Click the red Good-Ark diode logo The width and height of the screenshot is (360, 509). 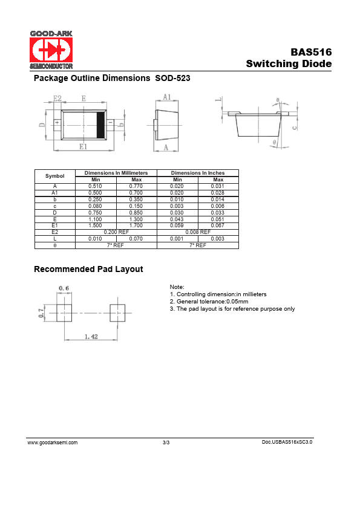[51, 50]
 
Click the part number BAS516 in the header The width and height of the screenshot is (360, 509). [311, 52]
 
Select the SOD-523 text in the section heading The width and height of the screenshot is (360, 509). [172, 78]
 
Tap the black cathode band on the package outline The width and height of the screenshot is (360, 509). [102, 125]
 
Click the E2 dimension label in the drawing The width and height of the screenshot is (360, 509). [57, 99]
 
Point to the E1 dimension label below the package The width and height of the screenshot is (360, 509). [83, 147]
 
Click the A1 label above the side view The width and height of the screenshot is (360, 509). [166, 97]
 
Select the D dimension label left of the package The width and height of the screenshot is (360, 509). [42, 125]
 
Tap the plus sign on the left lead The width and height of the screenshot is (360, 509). [57, 123]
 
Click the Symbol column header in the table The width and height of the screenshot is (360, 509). [54, 176]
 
